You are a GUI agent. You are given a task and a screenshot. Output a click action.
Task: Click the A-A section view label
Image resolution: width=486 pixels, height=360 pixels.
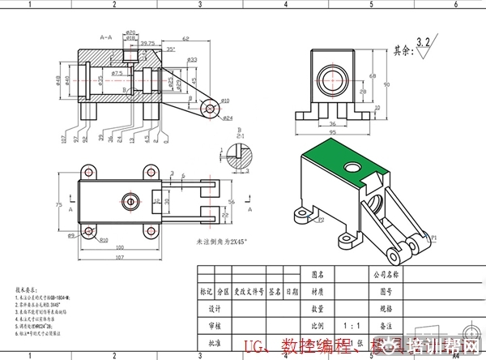[105, 37]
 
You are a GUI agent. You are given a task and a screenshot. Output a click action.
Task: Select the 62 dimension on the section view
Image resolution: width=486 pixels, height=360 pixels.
[185, 39]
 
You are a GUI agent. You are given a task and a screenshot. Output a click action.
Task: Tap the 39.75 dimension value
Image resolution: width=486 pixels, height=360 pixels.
[147, 43]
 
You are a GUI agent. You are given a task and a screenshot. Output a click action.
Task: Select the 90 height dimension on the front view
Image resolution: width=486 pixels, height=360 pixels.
[386, 84]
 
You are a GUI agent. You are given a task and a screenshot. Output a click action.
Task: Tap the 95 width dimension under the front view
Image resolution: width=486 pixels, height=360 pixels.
[332, 131]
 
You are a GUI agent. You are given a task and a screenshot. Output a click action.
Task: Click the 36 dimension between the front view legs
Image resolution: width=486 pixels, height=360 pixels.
[330, 123]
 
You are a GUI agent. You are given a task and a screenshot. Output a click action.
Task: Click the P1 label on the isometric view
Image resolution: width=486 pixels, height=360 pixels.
[433, 238]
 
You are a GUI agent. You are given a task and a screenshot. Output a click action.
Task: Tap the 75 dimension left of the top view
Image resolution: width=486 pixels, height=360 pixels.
[58, 206]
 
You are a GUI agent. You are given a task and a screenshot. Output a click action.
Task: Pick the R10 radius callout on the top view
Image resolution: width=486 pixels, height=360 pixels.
[104, 240]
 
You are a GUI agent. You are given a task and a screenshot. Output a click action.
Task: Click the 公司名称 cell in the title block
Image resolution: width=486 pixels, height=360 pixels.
[383, 274]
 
